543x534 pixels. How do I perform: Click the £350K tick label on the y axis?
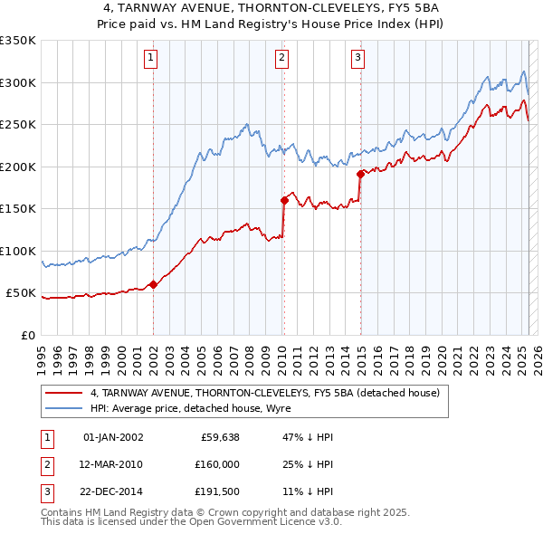coord(18,41)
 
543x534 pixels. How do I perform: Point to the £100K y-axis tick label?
coord(18,251)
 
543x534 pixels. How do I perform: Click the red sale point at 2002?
coord(153,284)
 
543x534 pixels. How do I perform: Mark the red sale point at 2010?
coord(284,200)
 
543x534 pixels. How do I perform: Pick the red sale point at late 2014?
coord(360,174)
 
